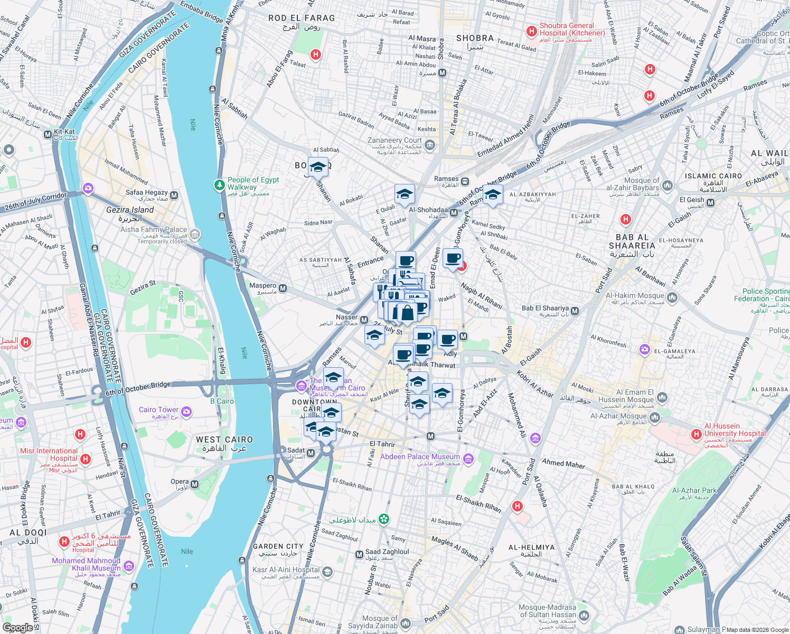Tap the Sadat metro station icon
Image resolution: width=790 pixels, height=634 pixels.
[x=311, y=453]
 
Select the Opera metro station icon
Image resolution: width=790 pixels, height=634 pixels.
[x=195, y=484]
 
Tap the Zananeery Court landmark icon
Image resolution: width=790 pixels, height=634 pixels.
[x=430, y=144]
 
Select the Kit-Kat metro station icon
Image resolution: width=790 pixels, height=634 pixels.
[x=48, y=135]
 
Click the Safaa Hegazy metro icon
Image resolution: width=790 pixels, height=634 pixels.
[x=174, y=195]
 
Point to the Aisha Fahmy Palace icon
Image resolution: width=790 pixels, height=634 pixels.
[x=195, y=234]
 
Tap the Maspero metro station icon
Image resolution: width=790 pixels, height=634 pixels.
[x=283, y=288]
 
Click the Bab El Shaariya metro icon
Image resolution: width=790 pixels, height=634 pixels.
[x=575, y=311]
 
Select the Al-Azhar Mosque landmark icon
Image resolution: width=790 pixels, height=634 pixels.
[x=655, y=418]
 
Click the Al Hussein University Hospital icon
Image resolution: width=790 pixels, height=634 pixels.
[x=697, y=434]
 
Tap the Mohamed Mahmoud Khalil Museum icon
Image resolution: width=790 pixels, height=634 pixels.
[x=128, y=566]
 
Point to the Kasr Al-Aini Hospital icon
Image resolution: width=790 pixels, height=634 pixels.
[x=327, y=572]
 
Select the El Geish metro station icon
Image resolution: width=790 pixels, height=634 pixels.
[x=710, y=202]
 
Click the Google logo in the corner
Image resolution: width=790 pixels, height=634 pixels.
[x=17, y=628]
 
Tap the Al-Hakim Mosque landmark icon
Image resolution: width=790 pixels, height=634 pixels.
[x=672, y=298]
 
